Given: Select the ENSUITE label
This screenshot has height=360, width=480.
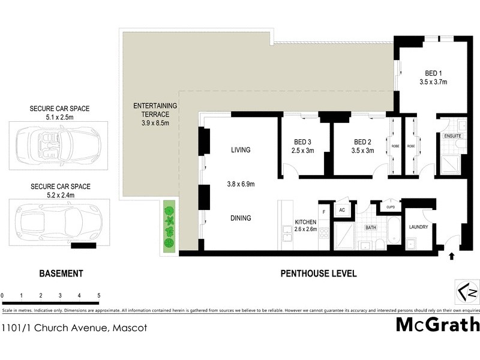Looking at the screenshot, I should [453, 136].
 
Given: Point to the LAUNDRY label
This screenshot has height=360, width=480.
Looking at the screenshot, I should [418, 227].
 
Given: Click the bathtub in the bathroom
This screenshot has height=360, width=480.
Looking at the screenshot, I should [394, 231].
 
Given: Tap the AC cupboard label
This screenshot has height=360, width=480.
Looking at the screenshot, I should [342, 210].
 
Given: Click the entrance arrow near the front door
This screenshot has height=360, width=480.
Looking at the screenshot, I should [451, 256].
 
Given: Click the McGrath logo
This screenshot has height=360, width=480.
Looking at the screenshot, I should [437, 325].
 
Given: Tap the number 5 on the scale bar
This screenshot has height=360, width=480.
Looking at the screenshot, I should [98, 296].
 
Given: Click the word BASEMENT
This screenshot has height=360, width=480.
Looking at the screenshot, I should [61, 274].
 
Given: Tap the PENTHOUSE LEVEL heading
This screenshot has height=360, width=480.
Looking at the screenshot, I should [319, 274].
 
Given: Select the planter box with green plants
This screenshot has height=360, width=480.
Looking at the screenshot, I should [170, 227].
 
